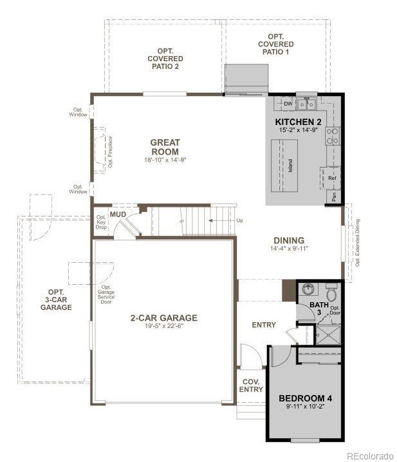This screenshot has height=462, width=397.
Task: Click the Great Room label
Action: coord(165,147)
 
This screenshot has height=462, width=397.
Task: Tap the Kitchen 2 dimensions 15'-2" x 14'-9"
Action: coord(298,130)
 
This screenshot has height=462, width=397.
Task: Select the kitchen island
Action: coord(284,166)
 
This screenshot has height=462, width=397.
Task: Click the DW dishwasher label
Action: coord(288,104)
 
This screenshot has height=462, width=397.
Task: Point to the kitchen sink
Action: coord(306,104)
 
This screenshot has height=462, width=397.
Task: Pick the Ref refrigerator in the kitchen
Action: coord(331,178)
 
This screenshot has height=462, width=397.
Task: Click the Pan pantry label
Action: coord(334,197)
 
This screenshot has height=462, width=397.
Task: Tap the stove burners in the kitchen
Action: coord(332,136)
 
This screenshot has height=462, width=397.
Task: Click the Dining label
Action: coord(289,240)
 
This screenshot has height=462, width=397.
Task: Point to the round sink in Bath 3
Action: coord(308,289)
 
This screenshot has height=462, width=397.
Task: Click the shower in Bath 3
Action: coord(328,334)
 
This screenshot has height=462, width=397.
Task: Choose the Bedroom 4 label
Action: coord(305,398)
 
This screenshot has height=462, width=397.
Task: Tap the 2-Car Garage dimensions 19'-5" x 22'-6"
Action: coord(164,326)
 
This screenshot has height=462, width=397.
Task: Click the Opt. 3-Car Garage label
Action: coord(56,300)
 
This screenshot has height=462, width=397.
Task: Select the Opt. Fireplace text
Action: coord(111,151)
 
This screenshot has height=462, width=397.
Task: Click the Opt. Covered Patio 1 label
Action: coord(276,44)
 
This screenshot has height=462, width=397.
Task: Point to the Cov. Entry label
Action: coord(251,385)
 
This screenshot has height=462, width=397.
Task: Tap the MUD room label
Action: coord(118,214)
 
